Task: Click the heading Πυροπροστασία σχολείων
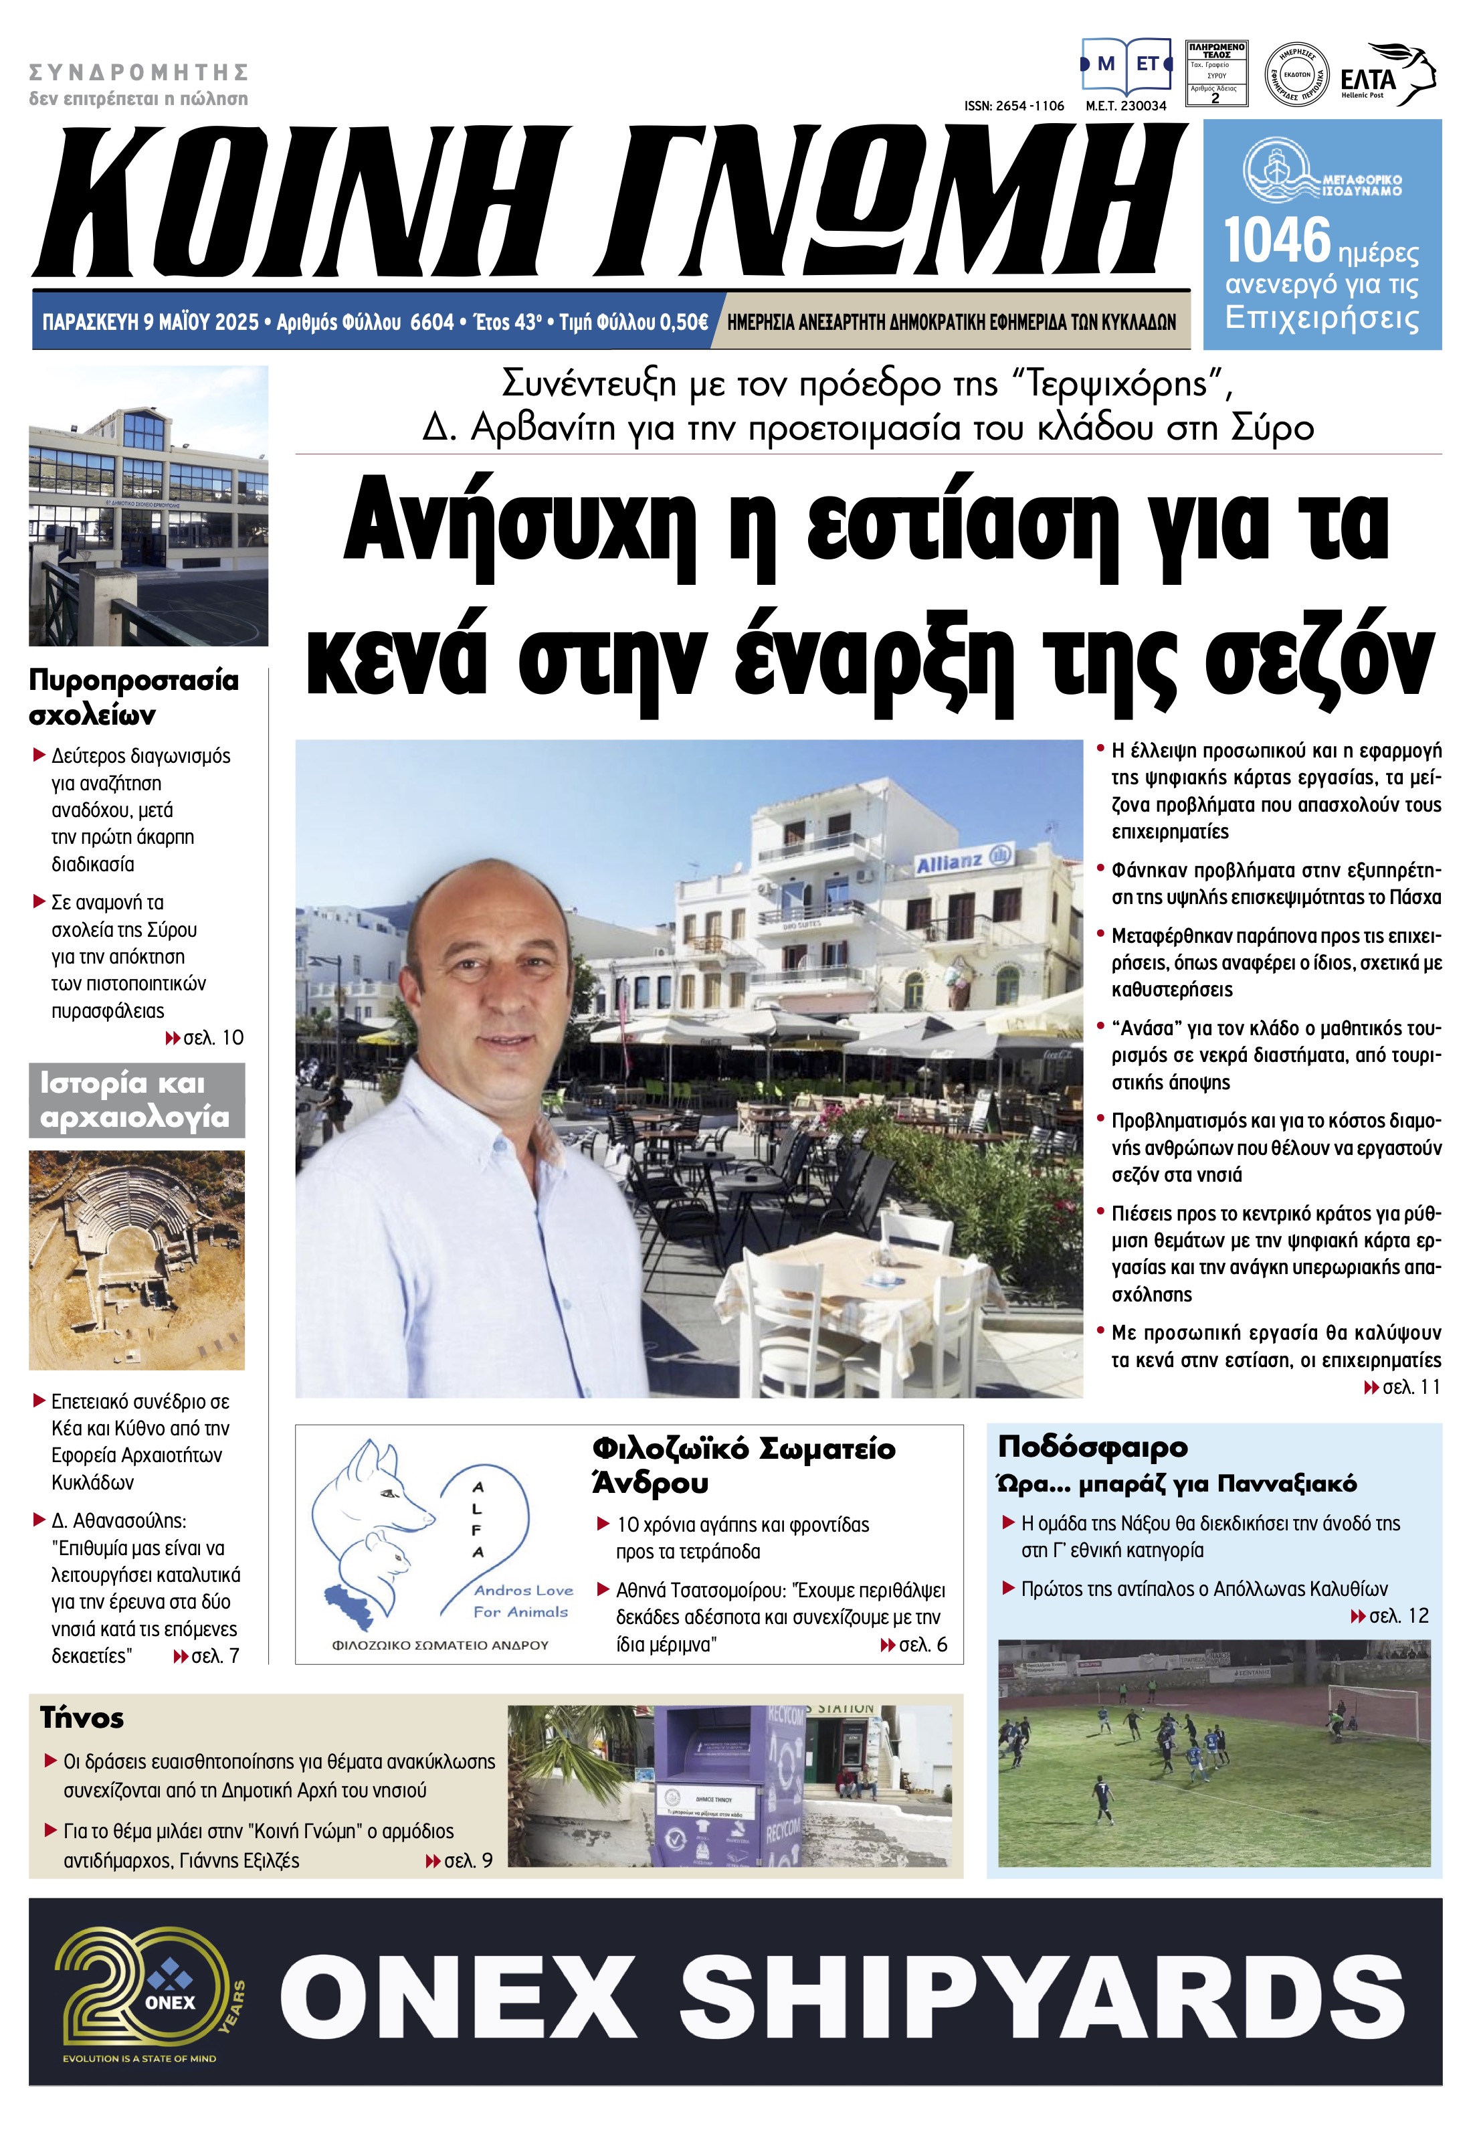coord(132,697)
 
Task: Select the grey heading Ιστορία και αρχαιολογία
coord(135,1100)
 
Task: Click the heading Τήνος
coord(82,1718)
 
